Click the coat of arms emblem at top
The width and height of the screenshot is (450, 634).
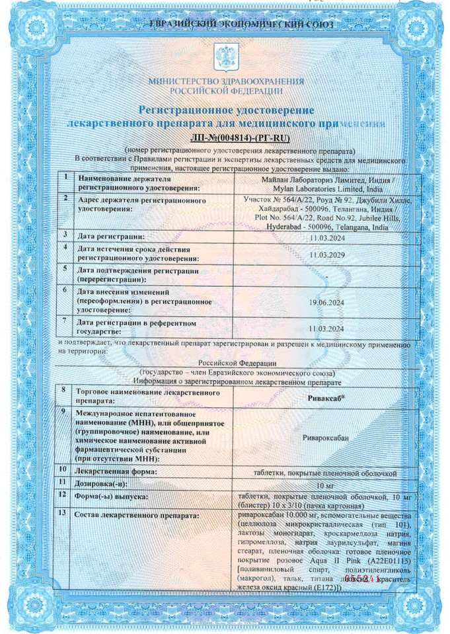[225, 55]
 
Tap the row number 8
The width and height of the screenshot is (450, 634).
[63, 391]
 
